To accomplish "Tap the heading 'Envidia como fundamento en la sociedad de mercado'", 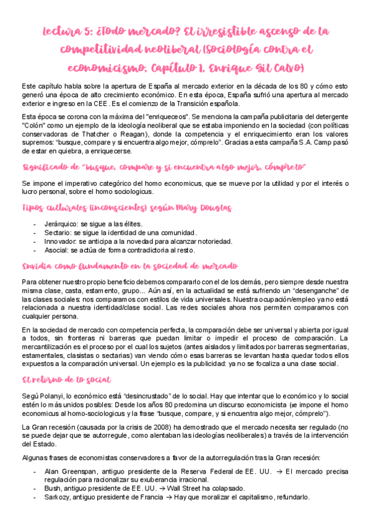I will [x=129, y=266].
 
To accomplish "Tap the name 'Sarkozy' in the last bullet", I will [x=58, y=497].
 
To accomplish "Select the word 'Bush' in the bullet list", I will [x=53, y=488].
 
